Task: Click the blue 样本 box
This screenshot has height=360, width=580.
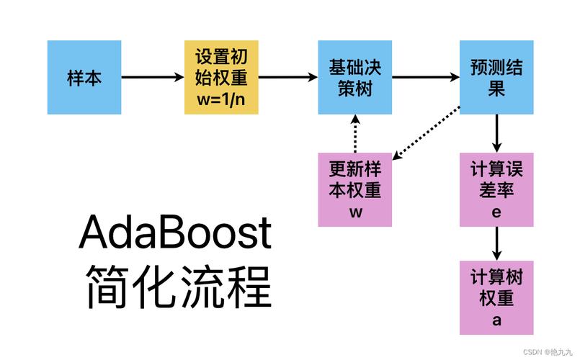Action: click(x=84, y=78)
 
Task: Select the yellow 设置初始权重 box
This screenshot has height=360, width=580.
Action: click(x=221, y=78)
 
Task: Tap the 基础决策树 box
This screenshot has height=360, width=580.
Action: click(x=355, y=78)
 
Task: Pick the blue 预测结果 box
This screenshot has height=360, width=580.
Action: click(x=497, y=78)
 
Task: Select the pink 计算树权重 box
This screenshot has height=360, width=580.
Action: click(x=497, y=297)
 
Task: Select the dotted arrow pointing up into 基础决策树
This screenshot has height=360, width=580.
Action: click(x=355, y=134)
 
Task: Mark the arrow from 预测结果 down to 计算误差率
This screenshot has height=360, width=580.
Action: click(x=497, y=134)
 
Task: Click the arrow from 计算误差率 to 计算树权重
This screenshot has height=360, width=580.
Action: click(x=497, y=244)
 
